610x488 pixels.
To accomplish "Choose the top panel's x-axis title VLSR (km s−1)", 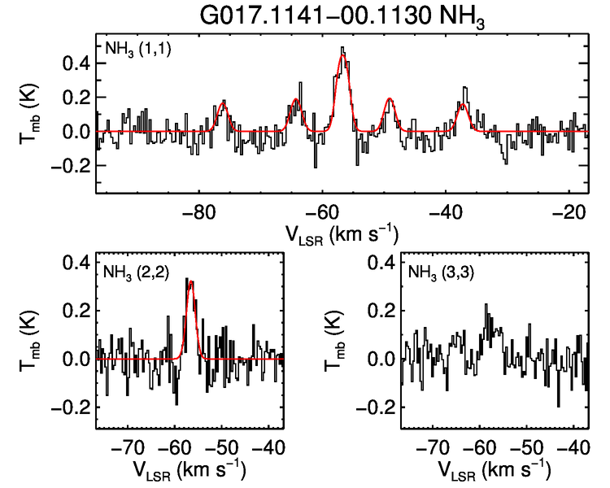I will coord(341,234).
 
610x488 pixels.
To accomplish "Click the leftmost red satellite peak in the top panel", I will coord(223,105).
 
